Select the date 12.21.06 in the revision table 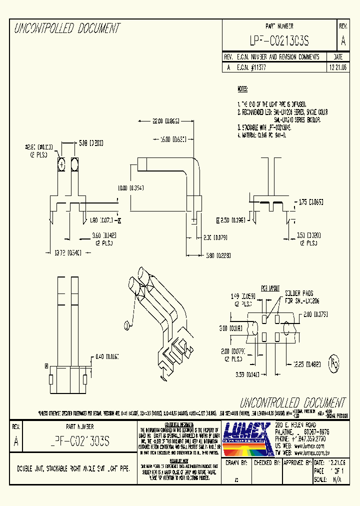click(338, 67)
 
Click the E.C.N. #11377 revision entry click(251, 67)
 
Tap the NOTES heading click(242, 89)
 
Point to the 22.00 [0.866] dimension click(158, 121)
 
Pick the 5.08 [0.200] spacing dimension click(90, 143)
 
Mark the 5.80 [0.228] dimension click(218, 255)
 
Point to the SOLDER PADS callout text click(300, 293)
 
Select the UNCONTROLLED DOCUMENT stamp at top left click(67, 29)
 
